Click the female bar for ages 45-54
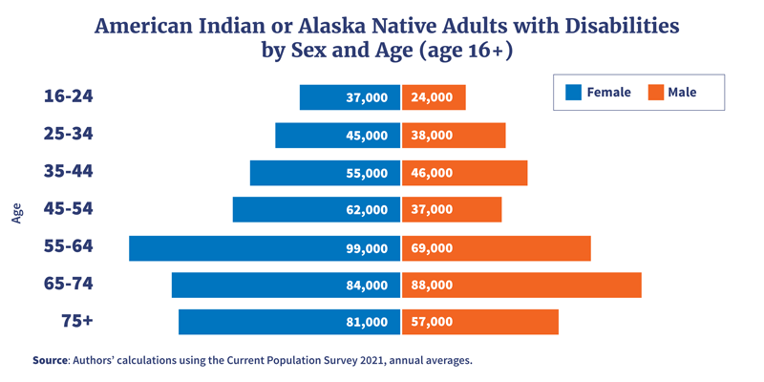(286, 210)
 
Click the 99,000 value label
(367, 248)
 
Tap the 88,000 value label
(432, 285)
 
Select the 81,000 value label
(367, 322)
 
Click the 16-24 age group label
(68, 96)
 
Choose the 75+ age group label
(77, 321)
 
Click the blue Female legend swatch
(573, 93)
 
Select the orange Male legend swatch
(655, 93)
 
